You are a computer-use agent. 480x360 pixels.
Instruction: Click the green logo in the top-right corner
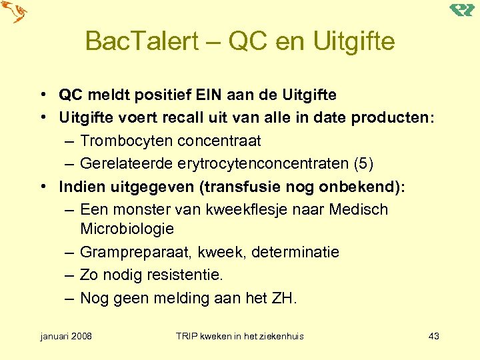[461, 10]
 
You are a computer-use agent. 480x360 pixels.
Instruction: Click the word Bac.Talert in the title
[142, 41]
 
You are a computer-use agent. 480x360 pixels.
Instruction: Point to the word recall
[182, 118]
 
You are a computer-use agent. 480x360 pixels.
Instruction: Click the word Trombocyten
[124, 141]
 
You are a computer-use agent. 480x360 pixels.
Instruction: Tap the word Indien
[78, 187]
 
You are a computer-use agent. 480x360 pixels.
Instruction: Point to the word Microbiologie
[127, 229]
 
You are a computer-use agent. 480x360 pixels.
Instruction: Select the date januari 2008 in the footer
[66, 336]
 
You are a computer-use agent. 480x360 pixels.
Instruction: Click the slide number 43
[433, 336]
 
